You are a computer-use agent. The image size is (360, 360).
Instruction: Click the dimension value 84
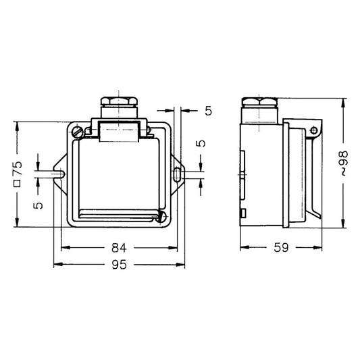(x=119, y=248)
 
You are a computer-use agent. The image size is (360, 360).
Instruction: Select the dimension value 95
(x=119, y=265)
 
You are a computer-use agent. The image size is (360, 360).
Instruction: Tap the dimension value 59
(x=281, y=247)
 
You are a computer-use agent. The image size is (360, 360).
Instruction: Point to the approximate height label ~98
(x=344, y=163)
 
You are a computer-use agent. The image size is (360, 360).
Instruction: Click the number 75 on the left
(x=18, y=168)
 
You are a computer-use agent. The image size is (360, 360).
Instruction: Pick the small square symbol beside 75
(x=17, y=184)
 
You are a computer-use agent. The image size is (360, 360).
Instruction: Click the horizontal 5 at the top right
(x=209, y=111)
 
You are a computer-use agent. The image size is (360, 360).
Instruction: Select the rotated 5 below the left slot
(x=38, y=205)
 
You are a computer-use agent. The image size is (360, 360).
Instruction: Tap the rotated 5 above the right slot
(x=201, y=143)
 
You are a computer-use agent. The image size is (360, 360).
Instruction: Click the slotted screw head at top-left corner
(x=77, y=132)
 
